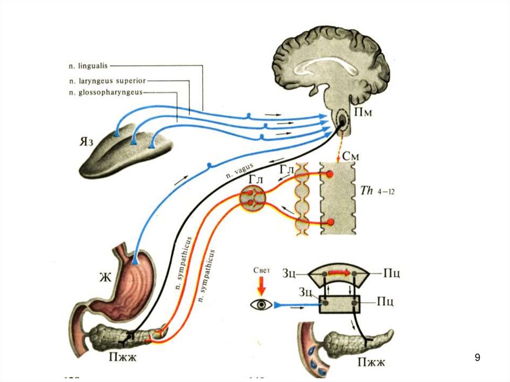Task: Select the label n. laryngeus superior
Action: coord(108,80)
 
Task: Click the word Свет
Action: coord(261,271)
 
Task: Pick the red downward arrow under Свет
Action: coord(261,286)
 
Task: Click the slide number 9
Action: coord(477,357)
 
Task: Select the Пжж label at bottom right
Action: coord(371,361)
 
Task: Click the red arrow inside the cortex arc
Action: coord(339,273)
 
